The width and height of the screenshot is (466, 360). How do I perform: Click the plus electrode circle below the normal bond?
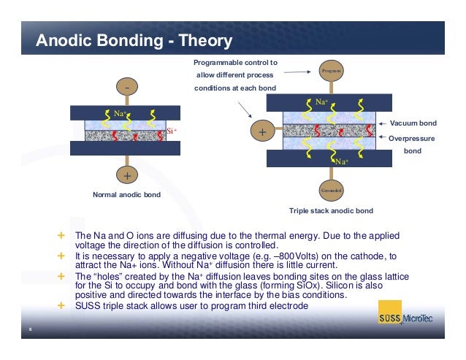point(127,176)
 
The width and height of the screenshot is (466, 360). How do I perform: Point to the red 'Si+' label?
point(172,131)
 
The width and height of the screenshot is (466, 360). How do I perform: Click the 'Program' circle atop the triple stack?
point(332,71)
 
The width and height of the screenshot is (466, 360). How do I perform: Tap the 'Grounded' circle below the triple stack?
point(332,190)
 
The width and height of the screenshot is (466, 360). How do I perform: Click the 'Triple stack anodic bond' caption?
point(331,210)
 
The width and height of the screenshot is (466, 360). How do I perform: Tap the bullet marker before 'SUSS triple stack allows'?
point(61,305)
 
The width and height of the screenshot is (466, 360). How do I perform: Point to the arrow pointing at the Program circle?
point(300,72)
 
